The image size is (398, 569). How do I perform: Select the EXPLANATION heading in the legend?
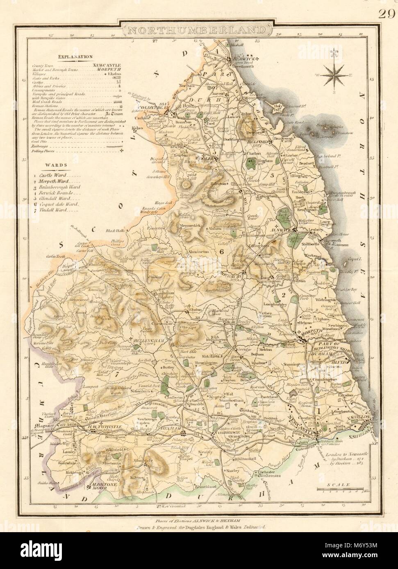point(75,58)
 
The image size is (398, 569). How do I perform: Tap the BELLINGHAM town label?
point(148,339)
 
